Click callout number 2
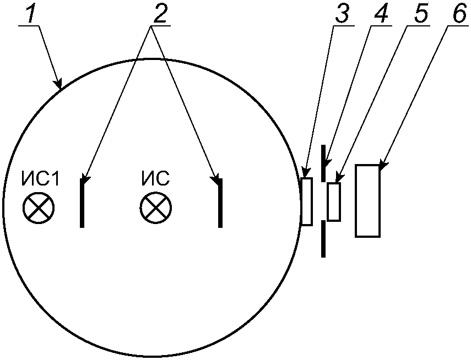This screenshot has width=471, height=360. coord(159,15)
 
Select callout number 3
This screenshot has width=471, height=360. coord(343,15)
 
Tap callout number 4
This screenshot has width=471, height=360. coord(380,15)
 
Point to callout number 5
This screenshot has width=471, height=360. coord(420,15)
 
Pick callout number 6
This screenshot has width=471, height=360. coord(458,15)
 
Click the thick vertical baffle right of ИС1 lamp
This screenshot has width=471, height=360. coord(82,203)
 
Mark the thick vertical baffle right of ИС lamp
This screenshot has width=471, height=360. coord(220,203)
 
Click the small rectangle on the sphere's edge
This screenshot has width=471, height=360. coord(307,201)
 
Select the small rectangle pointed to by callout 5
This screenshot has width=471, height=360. coord(334,202)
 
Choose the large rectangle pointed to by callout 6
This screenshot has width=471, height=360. coord(367,200)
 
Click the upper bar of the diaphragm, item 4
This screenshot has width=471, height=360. coord(323,163)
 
